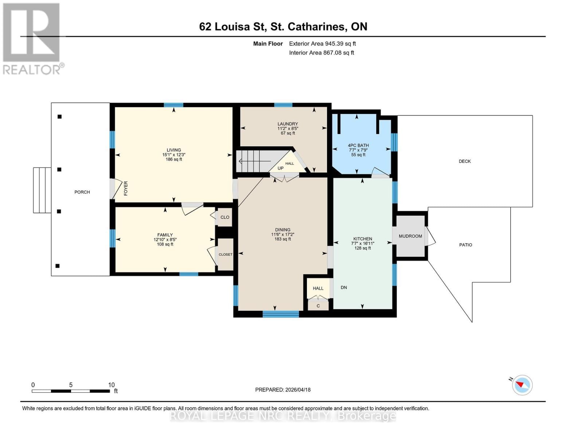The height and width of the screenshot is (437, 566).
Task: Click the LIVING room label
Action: (173, 150)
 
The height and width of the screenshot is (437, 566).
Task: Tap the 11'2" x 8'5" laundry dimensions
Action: (288, 129)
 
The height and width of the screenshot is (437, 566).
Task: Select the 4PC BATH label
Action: (358, 145)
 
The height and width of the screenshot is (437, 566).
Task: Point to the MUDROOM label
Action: (410, 236)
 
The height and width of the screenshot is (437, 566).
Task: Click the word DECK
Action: (464, 161)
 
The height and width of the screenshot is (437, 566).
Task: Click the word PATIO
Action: (465, 245)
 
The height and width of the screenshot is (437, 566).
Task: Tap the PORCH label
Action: (82, 192)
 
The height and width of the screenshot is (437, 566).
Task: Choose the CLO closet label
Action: (225, 217)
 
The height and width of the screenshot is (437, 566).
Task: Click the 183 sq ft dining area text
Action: (282, 239)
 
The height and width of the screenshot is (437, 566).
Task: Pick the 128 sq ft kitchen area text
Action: (362, 248)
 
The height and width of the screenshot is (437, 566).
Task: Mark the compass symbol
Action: (522, 385)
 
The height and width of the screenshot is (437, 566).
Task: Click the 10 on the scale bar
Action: (111, 385)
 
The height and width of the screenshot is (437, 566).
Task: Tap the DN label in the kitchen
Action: (343, 287)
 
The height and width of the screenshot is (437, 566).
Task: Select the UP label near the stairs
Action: (280, 168)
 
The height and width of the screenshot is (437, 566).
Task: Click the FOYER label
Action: (126, 188)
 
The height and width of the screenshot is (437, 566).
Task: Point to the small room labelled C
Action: (318, 306)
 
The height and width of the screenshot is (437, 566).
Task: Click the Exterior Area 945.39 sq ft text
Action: (322, 43)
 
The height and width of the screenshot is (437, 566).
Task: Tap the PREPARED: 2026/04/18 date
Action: (282, 390)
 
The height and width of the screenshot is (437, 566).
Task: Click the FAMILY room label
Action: (165, 235)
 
